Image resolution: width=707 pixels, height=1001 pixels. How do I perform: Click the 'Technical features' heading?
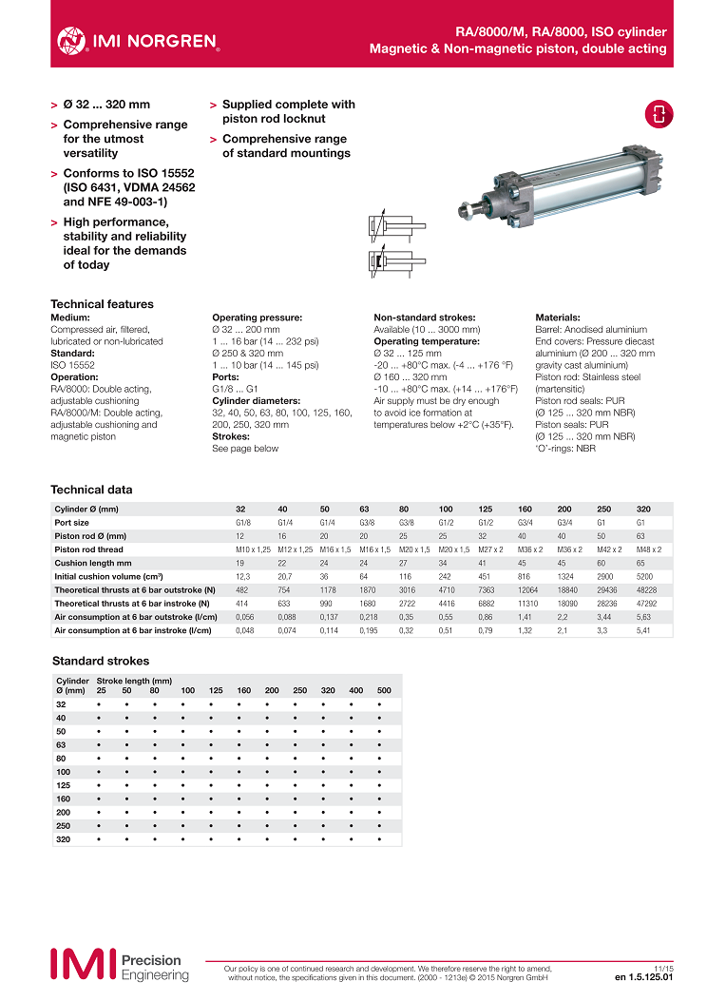point(102,304)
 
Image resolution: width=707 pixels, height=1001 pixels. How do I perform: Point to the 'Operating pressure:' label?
point(257,318)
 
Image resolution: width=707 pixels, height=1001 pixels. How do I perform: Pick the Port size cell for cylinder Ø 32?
point(243,522)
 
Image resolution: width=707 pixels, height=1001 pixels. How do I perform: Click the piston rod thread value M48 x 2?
point(649,549)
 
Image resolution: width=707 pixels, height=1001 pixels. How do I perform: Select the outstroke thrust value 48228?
point(647,589)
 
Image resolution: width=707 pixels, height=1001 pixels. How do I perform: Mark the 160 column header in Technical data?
point(525,509)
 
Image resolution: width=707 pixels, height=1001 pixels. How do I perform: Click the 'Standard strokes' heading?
point(101,661)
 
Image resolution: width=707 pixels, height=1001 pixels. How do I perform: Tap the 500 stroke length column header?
point(384,690)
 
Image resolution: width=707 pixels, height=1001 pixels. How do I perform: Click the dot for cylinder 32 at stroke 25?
point(100,704)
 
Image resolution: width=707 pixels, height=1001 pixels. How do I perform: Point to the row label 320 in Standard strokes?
point(62,840)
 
